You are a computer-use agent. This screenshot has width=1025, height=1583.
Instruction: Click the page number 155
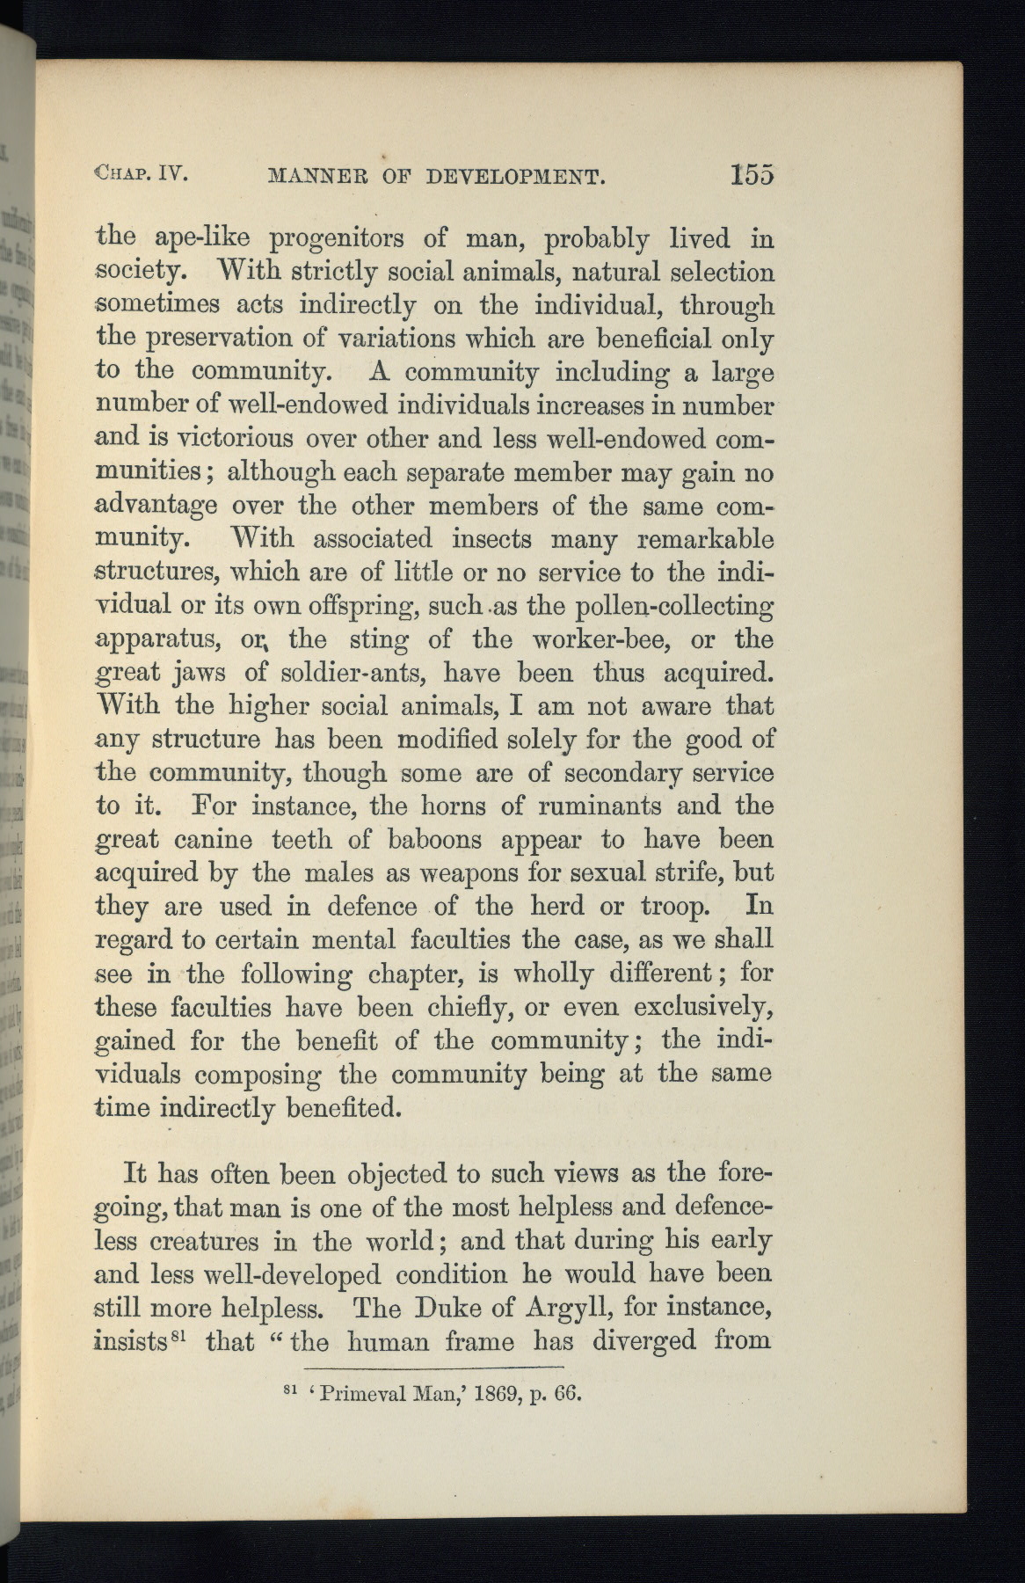point(751,174)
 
